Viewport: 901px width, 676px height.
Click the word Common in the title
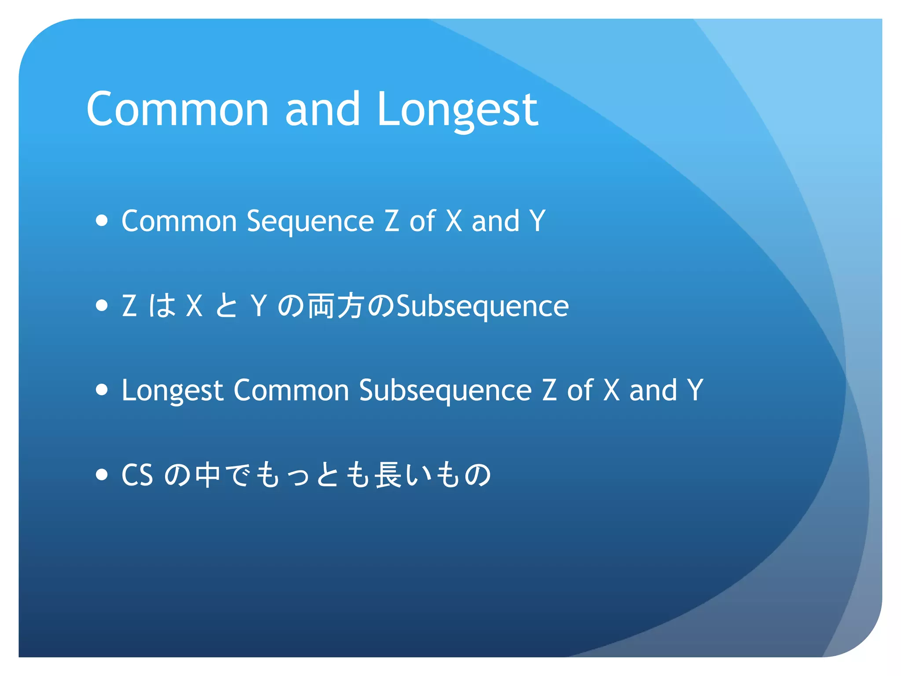(177, 109)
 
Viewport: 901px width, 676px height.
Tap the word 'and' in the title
(322, 109)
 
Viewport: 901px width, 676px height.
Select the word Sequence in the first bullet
(310, 221)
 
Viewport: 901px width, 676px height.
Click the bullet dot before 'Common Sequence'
(102, 220)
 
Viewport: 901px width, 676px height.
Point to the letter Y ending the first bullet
(537, 220)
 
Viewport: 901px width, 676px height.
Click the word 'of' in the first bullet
(422, 220)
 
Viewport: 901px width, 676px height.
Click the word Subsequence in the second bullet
(483, 306)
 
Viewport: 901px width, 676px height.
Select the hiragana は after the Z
(162, 306)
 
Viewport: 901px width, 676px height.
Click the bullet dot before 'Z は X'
(102, 305)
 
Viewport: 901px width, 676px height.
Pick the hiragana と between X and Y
(227, 306)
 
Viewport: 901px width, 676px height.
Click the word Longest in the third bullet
(172, 391)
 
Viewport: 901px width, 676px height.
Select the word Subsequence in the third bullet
(445, 391)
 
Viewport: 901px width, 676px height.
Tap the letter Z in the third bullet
(549, 390)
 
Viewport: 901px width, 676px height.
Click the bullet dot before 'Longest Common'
(102, 389)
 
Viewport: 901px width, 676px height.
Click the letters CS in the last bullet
(137, 475)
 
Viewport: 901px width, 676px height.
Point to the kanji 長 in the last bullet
(387, 475)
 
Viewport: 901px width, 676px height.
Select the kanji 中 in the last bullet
(208, 475)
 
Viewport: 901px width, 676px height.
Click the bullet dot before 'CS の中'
(102, 474)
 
